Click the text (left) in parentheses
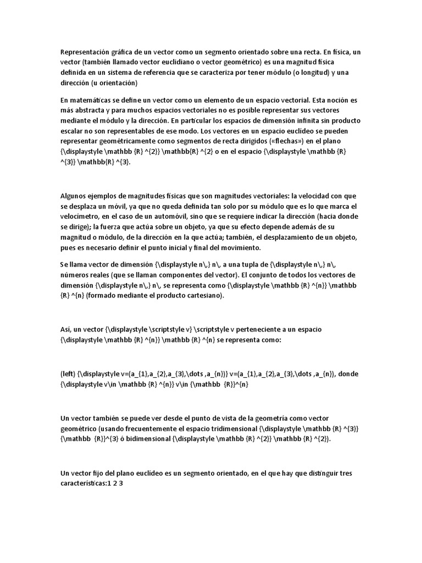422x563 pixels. click(69, 374)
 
